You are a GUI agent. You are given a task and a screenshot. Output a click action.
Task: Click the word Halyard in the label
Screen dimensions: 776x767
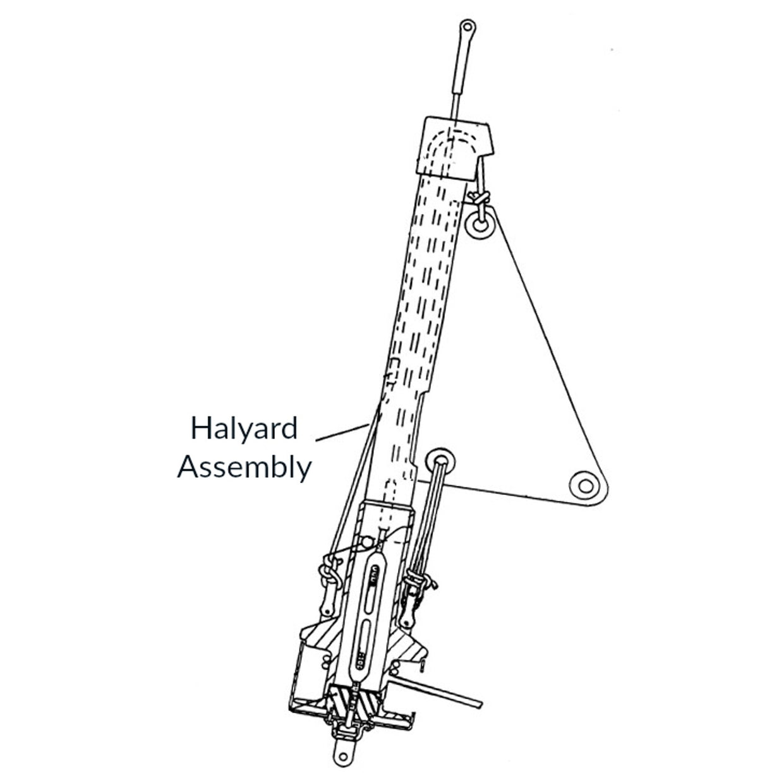tap(244, 429)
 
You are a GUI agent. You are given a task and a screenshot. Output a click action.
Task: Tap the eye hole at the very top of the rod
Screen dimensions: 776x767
tap(467, 27)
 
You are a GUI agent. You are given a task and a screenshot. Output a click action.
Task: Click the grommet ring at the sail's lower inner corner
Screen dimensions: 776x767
tap(438, 458)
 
